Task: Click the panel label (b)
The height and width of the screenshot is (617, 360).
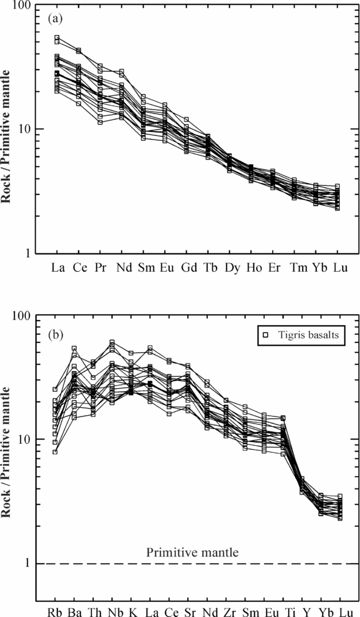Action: click(55, 333)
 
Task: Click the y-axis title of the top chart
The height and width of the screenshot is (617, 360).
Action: click(8, 130)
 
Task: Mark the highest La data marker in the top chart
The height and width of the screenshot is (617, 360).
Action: click(57, 38)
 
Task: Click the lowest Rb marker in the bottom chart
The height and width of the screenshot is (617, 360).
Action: click(55, 452)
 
